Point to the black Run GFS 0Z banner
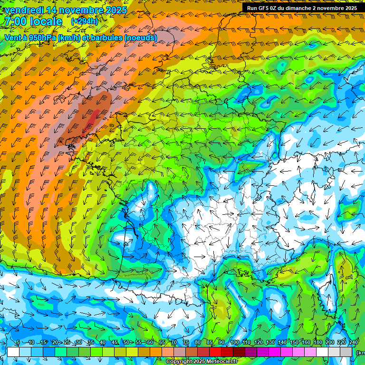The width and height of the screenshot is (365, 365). point(302,8)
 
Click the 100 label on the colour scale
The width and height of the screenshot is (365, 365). point(235,343)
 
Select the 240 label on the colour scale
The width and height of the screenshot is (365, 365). point(354,343)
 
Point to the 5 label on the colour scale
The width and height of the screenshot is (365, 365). point(18,343)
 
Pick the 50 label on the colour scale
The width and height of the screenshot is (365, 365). point(126,343)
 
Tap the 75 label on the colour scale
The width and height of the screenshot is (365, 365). point(186,343)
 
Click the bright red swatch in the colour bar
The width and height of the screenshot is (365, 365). point(215,352)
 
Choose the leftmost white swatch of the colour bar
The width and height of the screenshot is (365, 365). point(13,352)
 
